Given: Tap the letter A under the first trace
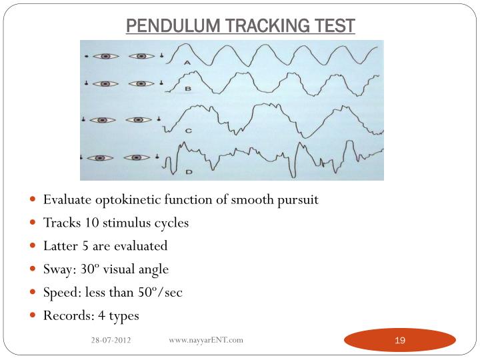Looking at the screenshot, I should pyautogui.click(x=187, y=62).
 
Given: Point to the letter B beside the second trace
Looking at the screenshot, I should pyautogui.click(x=188, y=88).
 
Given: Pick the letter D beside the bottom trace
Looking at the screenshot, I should pyautogui.click(x=189, y=171).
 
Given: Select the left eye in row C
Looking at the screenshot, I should pyautogui.click(x=102, y=120).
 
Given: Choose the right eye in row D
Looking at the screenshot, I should pyautogui.click(x=139, y=158).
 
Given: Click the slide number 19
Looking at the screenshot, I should pyautogui.click(x=400, y=341).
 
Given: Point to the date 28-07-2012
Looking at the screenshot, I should pyautogui.click(x=111, y=341).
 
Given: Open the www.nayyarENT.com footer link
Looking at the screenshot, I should pyautogui.click(x=206, y=340).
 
